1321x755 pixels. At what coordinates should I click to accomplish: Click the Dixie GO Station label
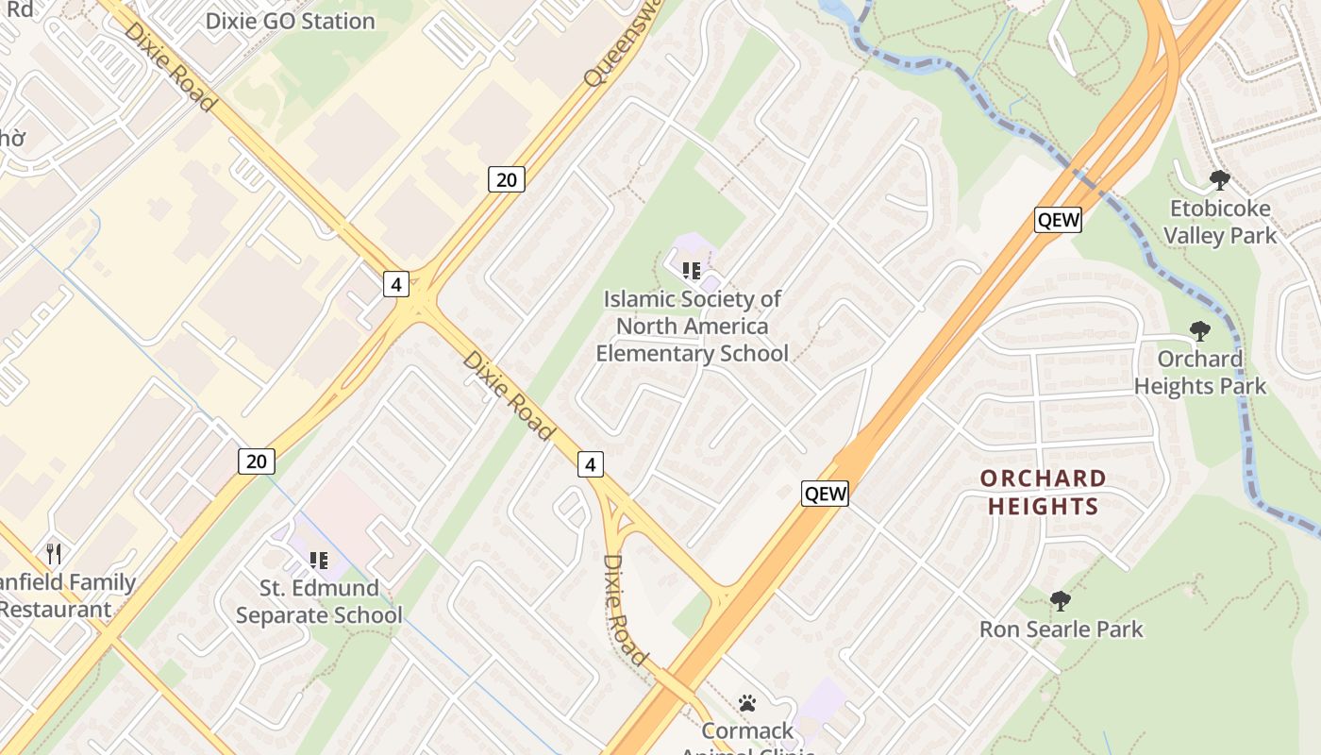290,21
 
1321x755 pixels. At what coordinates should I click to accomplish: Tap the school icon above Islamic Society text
692,271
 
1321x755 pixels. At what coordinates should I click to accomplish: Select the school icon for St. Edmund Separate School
319,561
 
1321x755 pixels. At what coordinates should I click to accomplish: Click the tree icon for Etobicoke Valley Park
1220,179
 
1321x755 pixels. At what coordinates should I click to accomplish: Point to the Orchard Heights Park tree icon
1199,330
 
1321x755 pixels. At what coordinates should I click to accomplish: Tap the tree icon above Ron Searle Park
1061,600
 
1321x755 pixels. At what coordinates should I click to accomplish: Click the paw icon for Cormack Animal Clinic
747,703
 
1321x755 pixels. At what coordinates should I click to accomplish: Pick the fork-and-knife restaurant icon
54,554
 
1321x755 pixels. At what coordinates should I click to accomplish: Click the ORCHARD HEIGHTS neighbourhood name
1043,492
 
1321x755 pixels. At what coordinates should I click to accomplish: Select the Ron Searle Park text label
1061,629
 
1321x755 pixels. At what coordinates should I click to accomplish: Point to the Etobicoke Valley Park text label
1220,222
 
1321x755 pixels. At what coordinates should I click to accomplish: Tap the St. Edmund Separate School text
319,601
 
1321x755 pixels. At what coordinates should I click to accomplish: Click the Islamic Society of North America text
693,327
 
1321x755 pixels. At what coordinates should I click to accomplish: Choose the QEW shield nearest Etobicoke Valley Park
1058,220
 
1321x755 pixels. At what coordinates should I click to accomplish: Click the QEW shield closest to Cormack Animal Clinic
825,493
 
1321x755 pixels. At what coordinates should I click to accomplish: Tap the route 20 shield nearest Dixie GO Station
507,178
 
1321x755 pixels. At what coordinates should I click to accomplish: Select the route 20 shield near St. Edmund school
256,461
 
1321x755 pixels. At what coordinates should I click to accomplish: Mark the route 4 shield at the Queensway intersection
396,283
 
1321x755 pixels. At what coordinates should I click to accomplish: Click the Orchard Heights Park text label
1200,373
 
